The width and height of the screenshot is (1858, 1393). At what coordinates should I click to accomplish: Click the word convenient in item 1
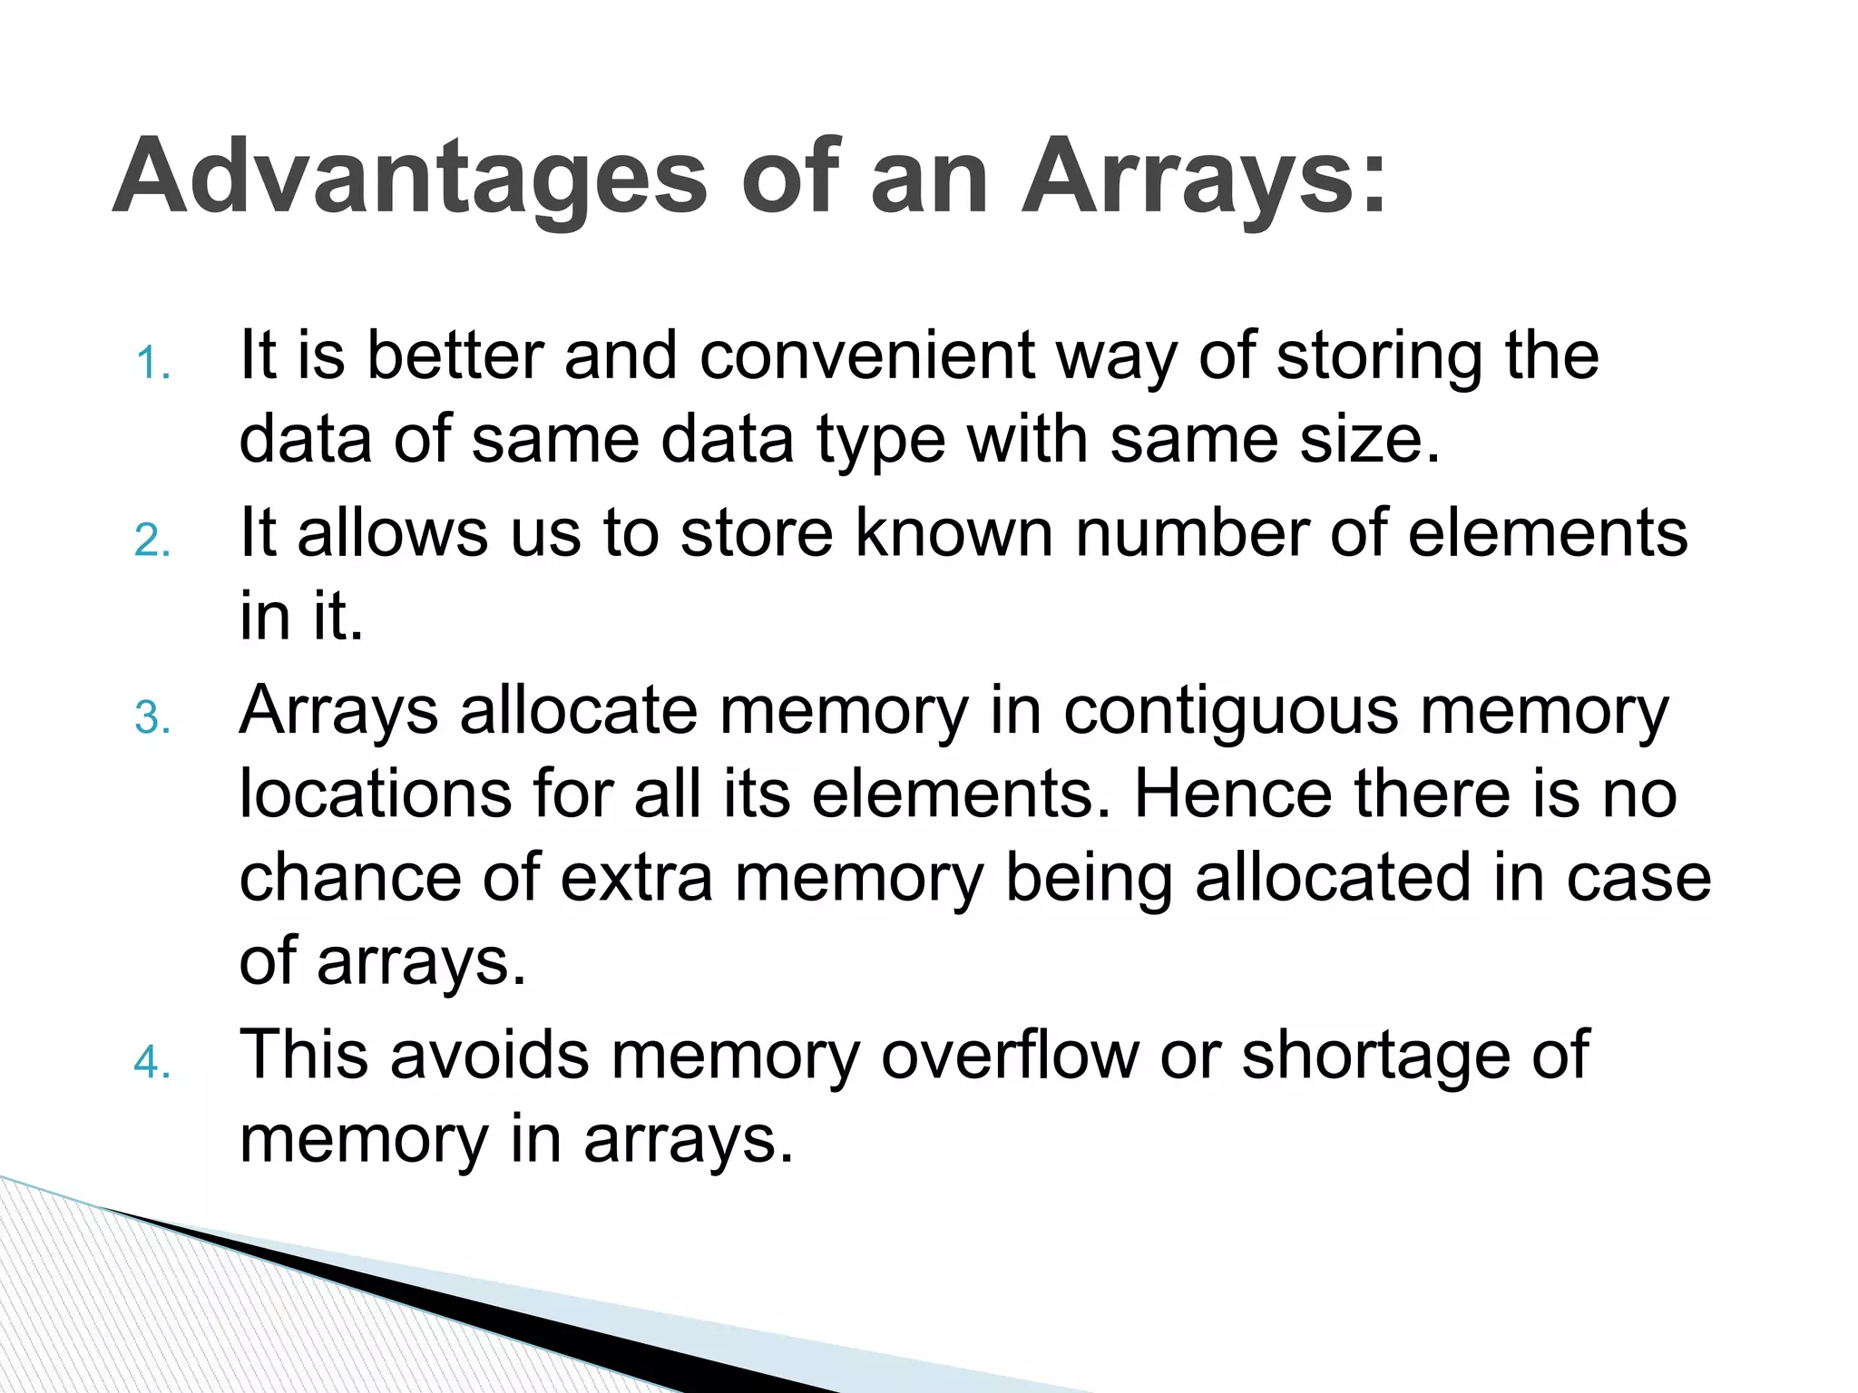866,355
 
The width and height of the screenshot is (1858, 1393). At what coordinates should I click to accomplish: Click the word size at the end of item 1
1358,439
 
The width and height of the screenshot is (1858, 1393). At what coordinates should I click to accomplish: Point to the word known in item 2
953,532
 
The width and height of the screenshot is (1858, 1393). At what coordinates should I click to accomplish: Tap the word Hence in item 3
1233,794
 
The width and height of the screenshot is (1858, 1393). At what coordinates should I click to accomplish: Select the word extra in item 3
636,879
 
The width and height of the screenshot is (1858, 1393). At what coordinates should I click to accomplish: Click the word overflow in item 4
1009,1055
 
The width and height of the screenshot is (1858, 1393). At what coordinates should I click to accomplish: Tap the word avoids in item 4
489,1055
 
